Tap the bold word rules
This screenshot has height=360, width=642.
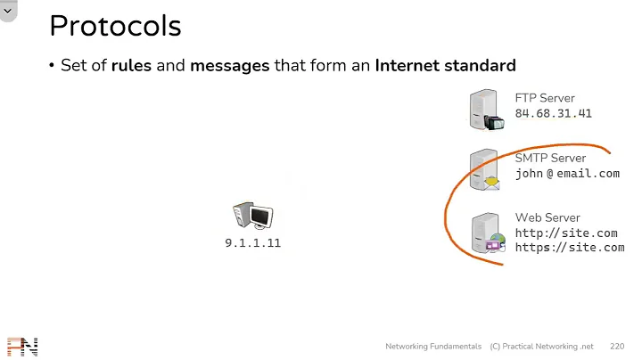pyautogui.click(x=131, y=66)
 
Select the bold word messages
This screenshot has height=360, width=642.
pyautogui.click(x=229, y=66)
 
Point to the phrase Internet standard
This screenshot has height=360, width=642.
pyautogui.click(x=445, y=66)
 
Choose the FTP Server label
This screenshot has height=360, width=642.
pyautogui.click(x=545, y=98)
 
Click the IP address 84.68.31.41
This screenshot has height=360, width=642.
pyautogui.click(x=553, y=113)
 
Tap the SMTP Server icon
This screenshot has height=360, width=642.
pyautogui.click(x=485, y=170)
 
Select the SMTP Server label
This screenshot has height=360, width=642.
pyautogui.click(x=550, y=158)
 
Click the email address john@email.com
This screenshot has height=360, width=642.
pyautogui.click(x=566, y=174)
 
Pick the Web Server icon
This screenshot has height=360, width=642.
pyautogui.click(x=487, y=233)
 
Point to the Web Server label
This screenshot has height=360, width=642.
pyautogui.click(x=547, y=217)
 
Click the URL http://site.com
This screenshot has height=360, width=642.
pyautogui.click(x=565, y=233)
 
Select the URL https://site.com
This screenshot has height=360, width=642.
pyautogui.click(x=569, y=247)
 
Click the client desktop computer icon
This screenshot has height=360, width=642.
pyautogui.click(x=252, y=217)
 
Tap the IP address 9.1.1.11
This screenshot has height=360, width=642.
pyautogui.click(x=252, y=242)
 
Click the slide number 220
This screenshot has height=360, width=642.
pyautogui.click(x=617, y=346)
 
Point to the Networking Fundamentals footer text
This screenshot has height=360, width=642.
pyautogui.click(x=434, y=346)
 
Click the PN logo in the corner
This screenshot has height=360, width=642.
pyautogui.click(x=22, y=347)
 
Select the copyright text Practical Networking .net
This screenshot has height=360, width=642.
pyautogui.click(x=547, y=346)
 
